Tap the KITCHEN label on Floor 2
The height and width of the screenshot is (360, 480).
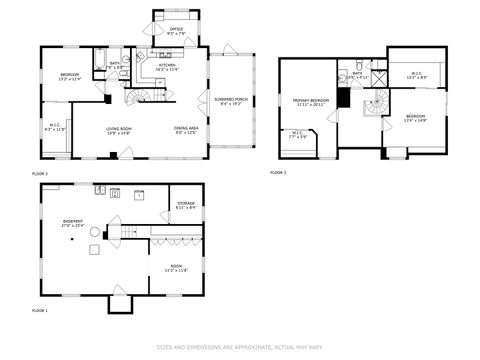click(x=167, y=67)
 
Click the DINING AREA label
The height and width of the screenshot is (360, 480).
click(x=184, y=130)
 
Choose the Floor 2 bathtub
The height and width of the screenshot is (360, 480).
click(x=100, y=60)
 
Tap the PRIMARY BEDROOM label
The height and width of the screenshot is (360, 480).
click(x=310, y=102)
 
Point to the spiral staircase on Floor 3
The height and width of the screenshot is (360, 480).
click(x=377, y=103)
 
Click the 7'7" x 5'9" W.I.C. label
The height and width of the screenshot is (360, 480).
click(x=298, y=134)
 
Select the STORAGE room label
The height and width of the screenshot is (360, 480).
click(x=186, y=206)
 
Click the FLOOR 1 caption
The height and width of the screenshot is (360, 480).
click(x=40, y=311)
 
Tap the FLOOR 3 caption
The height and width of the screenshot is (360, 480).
click(x=278, y=173)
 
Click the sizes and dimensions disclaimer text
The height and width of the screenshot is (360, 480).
click(x=240, y=348)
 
